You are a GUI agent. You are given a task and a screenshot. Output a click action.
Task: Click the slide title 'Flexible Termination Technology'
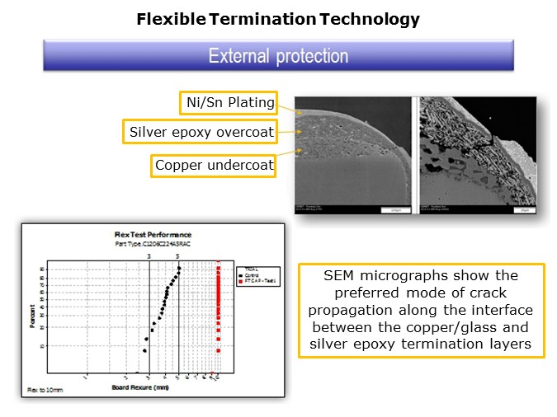(x=278, y=19)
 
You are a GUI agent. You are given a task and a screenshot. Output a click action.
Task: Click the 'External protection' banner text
(x=278, y=56)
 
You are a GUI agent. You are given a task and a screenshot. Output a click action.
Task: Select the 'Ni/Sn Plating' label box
(x=227, y=103)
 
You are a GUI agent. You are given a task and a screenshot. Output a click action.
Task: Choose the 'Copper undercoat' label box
(x=212, y=165)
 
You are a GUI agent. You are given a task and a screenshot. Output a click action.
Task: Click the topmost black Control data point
(x=179, y=268)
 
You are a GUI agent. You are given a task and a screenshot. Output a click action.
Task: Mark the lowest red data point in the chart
(x=219, y=351)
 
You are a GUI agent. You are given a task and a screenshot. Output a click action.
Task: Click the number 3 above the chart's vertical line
(x=149, y=256)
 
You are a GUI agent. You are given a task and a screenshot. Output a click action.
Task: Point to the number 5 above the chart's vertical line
(x=178, y=256)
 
